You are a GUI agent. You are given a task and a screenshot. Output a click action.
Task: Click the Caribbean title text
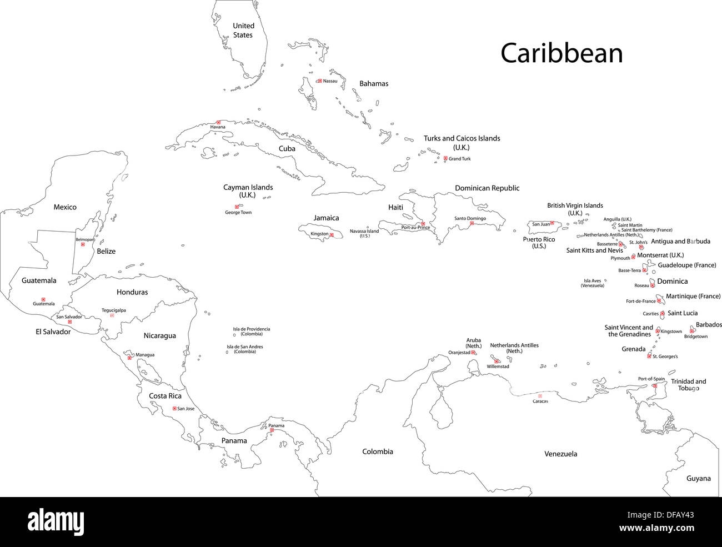(561, 54)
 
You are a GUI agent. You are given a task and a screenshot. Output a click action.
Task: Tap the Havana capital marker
(218, 122)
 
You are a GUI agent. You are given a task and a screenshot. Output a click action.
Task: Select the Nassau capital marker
(319, 81)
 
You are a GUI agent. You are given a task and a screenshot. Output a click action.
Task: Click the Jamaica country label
(326, 218)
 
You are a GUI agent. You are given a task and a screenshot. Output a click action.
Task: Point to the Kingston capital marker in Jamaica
(332, 235)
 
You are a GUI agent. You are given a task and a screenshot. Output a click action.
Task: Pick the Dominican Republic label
(487, 188)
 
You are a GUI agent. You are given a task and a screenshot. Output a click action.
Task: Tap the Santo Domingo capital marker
(472, 223)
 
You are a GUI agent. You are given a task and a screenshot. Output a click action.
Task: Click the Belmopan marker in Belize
(83, 244)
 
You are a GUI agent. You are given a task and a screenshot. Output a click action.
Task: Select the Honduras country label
(132, 292)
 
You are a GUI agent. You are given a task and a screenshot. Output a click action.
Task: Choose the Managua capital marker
(129, 358)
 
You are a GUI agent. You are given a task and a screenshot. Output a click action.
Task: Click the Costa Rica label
(165, 396)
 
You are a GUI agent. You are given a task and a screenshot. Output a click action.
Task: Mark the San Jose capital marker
(174, 409)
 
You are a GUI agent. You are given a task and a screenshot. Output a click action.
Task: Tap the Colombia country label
(378, 451)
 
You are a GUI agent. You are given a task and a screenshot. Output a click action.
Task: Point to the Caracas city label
(540, 401)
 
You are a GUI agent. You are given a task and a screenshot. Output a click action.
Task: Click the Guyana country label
(698, 478)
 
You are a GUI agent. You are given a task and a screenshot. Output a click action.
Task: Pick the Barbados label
(709, 325)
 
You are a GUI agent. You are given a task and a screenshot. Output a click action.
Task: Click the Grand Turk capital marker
(445, 158)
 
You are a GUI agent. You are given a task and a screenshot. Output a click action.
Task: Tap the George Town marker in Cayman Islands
(237, 207)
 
